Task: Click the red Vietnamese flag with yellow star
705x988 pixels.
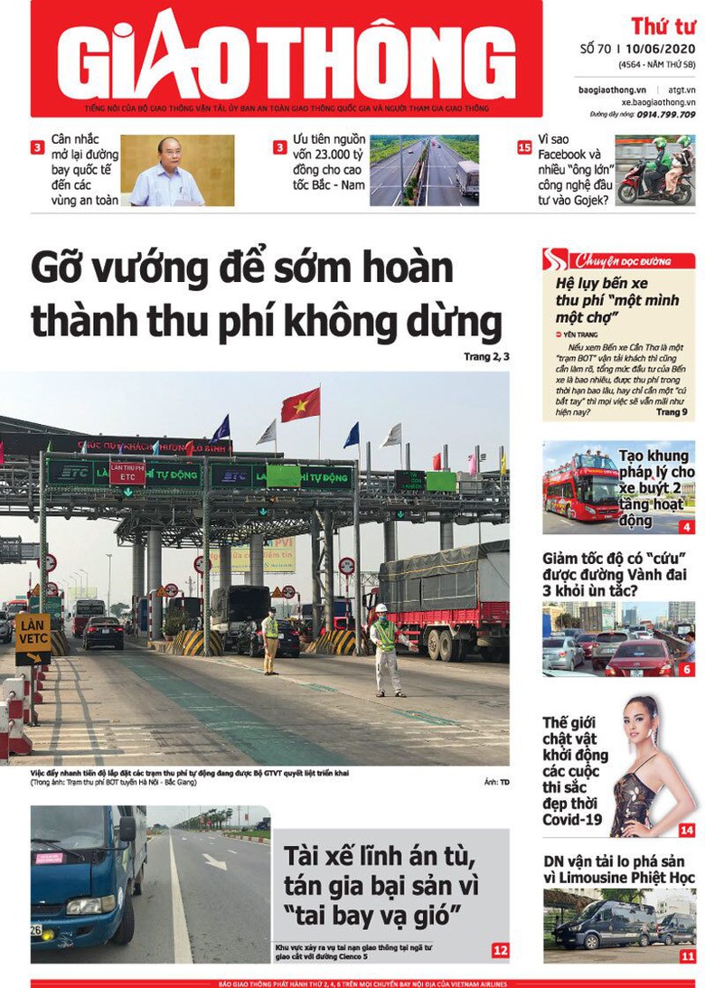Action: (300, 405)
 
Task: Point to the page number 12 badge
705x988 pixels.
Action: (500, 950)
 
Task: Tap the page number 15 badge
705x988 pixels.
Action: (524, 147)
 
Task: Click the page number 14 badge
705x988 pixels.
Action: (687, 830)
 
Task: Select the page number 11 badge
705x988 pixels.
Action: (688, 955)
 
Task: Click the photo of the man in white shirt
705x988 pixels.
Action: (177, 171)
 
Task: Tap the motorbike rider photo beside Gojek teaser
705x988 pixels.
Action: (654, 170)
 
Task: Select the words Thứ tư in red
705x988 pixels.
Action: (663, 25)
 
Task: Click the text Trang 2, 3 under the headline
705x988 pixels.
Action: (486, 357)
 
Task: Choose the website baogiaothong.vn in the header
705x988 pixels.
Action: (612, 90)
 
